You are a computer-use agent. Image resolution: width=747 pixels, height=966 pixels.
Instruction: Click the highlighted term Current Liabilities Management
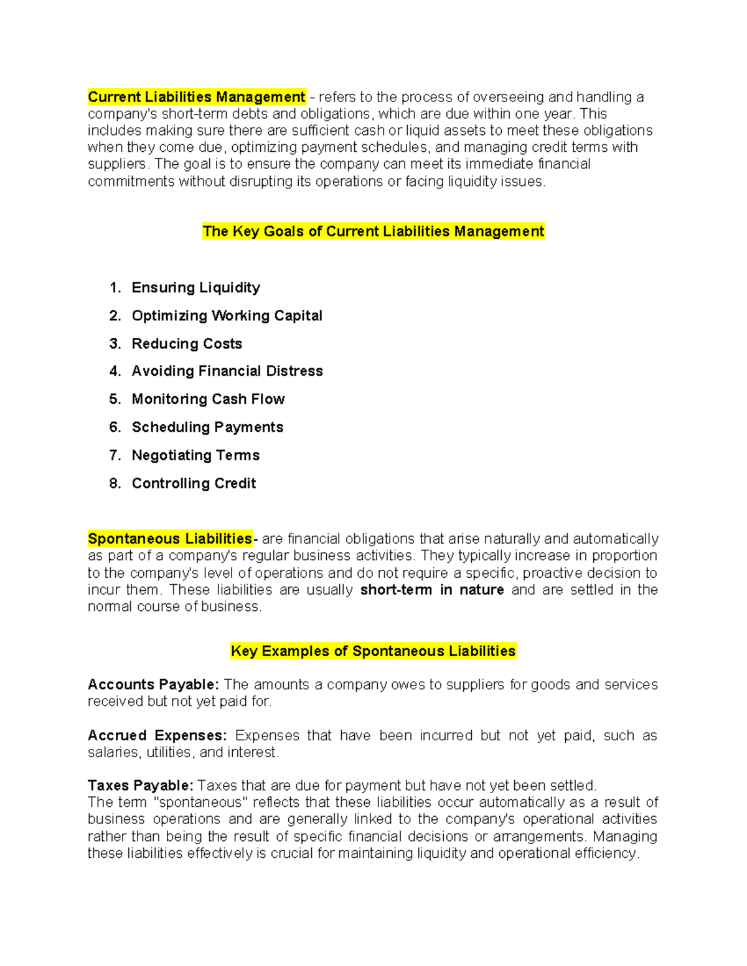196,97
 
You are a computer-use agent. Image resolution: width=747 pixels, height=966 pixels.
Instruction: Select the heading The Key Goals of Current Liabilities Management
373,231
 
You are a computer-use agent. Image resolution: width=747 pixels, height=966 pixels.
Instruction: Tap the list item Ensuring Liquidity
195,287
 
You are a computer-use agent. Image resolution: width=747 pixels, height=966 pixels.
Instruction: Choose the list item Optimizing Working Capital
227,315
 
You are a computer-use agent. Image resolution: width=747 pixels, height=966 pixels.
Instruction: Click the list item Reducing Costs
187,343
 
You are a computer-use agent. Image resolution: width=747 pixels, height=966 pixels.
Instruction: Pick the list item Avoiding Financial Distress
227,371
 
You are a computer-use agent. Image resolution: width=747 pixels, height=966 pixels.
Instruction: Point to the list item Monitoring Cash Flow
208,399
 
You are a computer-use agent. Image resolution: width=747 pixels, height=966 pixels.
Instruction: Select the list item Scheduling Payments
207,427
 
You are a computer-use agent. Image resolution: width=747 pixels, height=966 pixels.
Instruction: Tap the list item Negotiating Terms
195,455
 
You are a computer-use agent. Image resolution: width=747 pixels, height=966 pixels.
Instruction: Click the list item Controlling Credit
194,483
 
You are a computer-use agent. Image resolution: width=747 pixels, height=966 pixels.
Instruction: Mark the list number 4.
115,371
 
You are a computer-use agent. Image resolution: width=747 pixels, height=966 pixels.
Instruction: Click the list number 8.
115,483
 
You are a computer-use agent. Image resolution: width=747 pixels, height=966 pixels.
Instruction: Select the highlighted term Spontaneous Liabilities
170,539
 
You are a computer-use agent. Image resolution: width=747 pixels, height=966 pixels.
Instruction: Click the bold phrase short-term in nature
432,590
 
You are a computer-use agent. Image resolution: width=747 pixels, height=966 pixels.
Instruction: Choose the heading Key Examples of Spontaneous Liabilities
373,651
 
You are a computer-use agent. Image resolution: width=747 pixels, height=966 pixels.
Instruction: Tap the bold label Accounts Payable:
153,685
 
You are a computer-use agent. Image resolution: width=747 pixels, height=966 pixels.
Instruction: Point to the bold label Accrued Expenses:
157,736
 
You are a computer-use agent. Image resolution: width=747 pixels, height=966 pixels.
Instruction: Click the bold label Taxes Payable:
141,786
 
